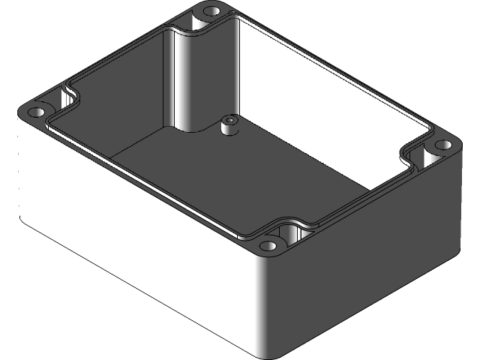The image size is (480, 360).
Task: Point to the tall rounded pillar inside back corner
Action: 187,75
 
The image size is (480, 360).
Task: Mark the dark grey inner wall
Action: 120,112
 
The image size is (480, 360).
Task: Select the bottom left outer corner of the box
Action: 22,217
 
